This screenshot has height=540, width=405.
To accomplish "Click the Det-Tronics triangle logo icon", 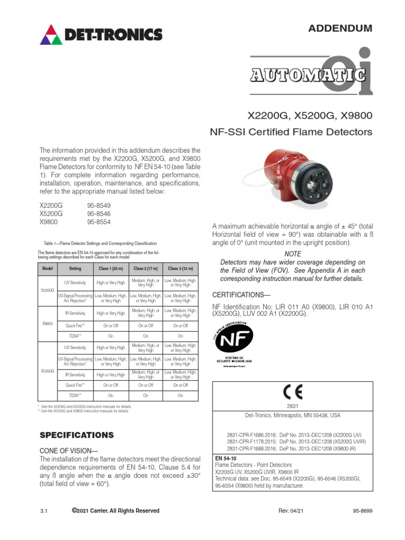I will click(51, 35).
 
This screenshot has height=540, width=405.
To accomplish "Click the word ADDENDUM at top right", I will click(340, 28).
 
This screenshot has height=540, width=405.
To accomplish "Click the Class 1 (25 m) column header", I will click(111, 268).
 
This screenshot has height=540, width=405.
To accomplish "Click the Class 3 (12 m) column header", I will click(181, 268).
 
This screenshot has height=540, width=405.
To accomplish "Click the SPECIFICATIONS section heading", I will click(77, 435).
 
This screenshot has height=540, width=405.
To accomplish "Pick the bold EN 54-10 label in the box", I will click(225, 458).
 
